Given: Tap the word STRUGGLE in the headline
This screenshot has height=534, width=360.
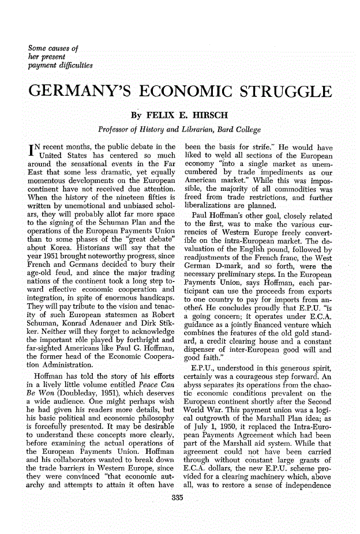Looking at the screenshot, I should tap(278, 94).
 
